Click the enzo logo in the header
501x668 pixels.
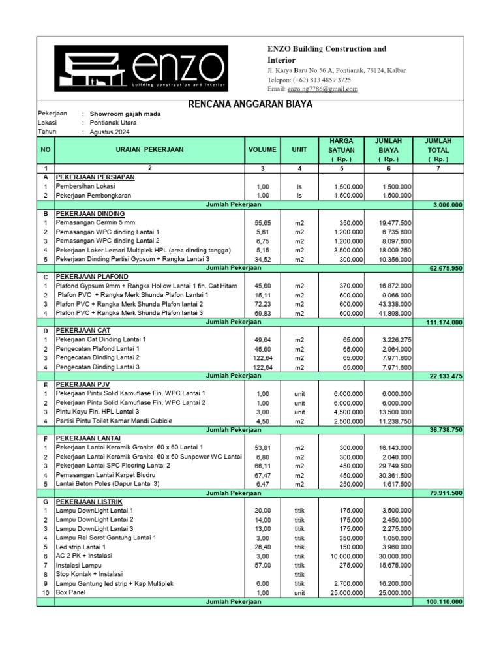coord(141,68)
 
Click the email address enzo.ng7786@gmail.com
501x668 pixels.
coord(322,89)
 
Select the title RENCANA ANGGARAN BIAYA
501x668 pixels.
coord(250,104)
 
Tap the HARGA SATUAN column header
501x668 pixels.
coord(341,150)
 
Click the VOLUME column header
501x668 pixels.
coord(262,149)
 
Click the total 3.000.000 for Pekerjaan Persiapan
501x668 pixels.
coord(448,205)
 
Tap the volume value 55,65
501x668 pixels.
coord(262,223)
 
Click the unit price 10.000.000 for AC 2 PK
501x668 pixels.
coord(344,556)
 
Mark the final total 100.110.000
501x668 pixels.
coord(444,601)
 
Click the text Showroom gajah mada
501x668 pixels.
coord(125,114)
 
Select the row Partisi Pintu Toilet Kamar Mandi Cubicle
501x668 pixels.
coord(114,421)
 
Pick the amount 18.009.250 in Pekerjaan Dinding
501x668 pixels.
coord(394,250)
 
